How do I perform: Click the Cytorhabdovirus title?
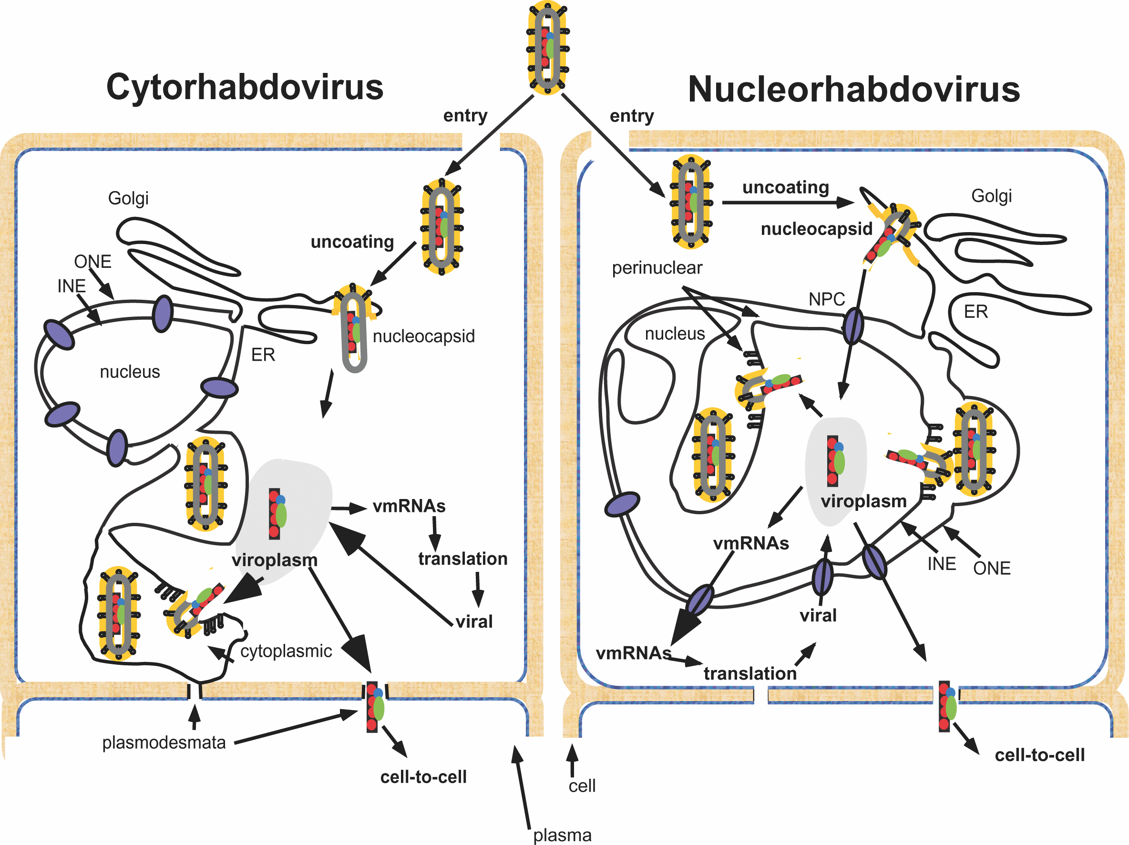(x=245, y=87)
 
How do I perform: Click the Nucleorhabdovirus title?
(x=853, y=90)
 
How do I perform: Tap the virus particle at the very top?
(x=548, y=48)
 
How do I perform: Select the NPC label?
(x=826, y=299)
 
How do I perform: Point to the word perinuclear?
(x=657, y=268)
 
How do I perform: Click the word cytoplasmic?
(x=286, y=651)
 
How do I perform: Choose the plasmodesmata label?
(x=164, y=743)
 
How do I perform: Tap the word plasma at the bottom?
(x=562, y=835)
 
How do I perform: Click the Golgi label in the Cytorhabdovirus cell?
(x=128, y=198)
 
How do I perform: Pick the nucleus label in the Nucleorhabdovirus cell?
(x=675, y=334)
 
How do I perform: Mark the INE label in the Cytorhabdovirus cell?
(x=71, y=286)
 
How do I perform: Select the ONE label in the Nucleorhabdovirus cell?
(x=992, y=569)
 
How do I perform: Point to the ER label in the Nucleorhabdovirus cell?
(x=975, y=312)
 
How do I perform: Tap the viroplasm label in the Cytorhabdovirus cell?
(x=275, y=560)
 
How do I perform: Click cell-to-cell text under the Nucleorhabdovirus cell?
(x=1040, y=755)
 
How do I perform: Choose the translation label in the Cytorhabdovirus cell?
(x=462, y=559)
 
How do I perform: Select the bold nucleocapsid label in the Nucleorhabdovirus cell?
(x=816, y=229)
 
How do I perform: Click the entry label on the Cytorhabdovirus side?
(x=465, y=115)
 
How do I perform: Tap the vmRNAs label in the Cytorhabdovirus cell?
(x=409, y=506)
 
